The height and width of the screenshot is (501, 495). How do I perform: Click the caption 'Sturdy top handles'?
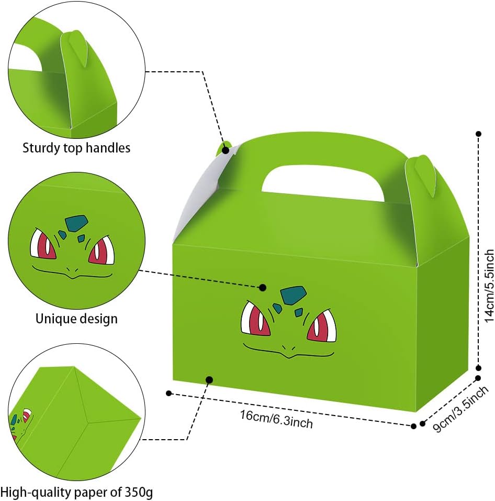pos(76,148)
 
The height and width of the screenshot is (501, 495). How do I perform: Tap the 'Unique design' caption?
pos(76,318)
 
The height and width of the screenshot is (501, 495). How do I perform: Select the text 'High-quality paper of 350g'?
pos(77,492)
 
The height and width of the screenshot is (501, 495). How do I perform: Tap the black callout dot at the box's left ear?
pos(226,150)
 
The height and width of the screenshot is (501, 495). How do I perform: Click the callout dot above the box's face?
pos(263,287)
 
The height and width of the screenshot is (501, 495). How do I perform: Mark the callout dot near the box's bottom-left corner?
pos(209,379)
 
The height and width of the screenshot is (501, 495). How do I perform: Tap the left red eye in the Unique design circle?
pos(44,244)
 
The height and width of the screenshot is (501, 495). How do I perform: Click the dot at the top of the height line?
pos(478,134)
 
